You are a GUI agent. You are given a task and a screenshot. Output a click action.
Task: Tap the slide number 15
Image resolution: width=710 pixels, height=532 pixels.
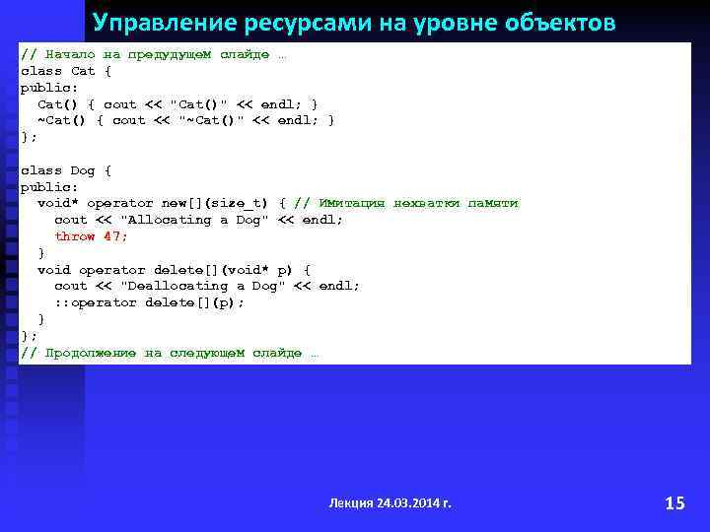pyautogui.click(x=674, y=503)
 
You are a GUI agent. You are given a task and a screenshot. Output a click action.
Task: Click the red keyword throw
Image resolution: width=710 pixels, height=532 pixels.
pyautogui.click(x=75, y=236)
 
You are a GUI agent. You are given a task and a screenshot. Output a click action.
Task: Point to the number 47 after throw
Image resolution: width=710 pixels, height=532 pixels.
pyautogui.click(x=114, y=236)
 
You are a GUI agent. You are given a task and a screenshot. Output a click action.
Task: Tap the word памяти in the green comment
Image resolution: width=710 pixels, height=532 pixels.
pyautogui.click(x=493, y=203)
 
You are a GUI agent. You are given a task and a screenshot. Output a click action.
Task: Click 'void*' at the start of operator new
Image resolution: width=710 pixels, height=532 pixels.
pyautogui.click(x=58, y=203)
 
